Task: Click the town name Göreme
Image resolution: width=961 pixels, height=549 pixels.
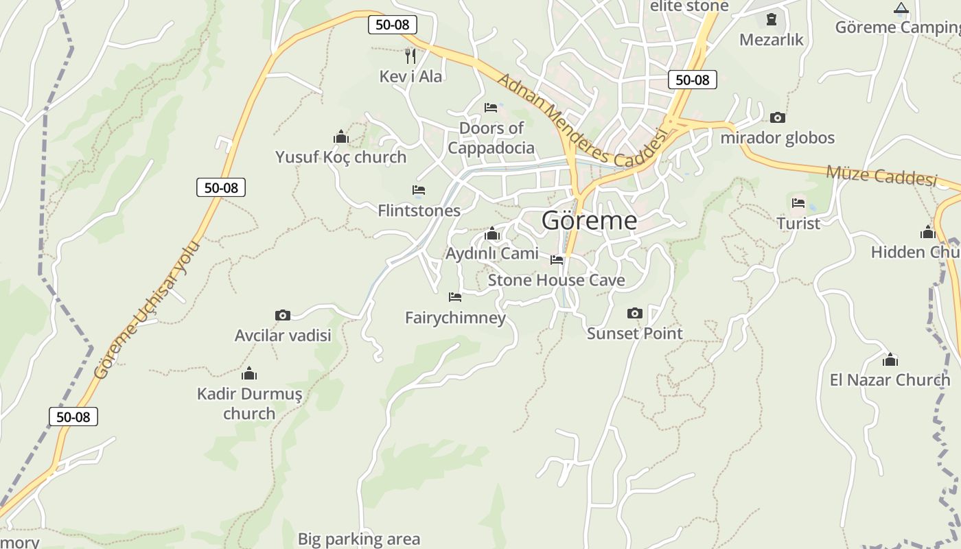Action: click(x=589, y=221)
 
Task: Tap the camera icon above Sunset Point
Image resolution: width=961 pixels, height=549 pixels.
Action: click(x=635, y=314)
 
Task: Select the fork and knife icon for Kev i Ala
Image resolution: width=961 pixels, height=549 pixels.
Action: click(x=410, y=56)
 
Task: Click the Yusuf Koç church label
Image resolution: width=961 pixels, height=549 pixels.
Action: click(x=341, y=157)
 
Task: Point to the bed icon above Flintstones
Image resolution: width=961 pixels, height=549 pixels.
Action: click(x=419, y=190)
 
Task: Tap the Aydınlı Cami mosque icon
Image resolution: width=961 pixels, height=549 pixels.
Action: click(x=491, y=234)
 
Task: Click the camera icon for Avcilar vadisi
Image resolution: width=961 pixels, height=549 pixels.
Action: click(x=282, y=316)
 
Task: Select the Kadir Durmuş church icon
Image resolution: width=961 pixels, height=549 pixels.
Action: click(x=249, y=374)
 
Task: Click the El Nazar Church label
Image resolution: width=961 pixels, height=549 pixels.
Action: click(x=890, y=380)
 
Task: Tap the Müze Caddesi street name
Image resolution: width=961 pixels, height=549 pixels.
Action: click(x=881, y=175)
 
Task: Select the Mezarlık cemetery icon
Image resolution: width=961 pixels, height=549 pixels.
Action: click(x=771, y=19)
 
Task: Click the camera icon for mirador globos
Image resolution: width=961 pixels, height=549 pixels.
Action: click(x=777, y=118)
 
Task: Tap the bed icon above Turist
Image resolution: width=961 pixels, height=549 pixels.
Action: click(x=798, y=203)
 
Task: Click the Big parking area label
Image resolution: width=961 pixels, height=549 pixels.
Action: click(x=358, y=539)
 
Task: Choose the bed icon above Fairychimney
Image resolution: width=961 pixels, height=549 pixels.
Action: click(x=454, y=297)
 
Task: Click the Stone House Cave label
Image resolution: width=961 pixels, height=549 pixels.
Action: click(x=556, y=280)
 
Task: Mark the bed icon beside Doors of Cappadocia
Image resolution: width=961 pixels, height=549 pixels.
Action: click(x=491, y=108)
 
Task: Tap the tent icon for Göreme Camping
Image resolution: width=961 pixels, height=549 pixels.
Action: click(x=901, y=8)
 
